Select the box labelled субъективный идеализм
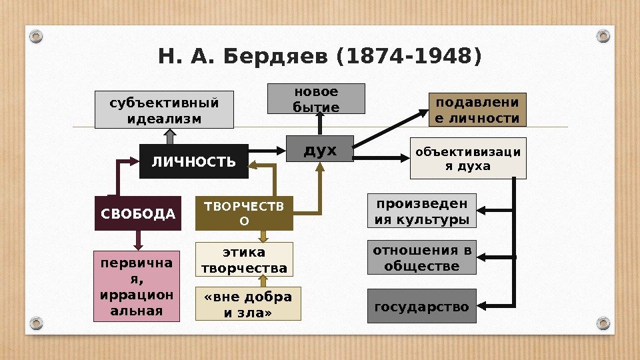point(164,110)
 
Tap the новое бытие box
point(317,99)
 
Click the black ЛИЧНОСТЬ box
point(193,161)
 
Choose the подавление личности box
point(477,110)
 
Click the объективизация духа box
point(467,159)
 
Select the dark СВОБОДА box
point(138,214)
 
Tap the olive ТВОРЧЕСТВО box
point(243,213)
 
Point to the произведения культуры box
point(422,211)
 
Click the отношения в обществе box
point(422,258)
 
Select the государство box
point(422,306)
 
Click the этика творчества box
point(244,260)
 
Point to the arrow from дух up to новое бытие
point(320,124)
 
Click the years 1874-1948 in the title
point(409,57)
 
